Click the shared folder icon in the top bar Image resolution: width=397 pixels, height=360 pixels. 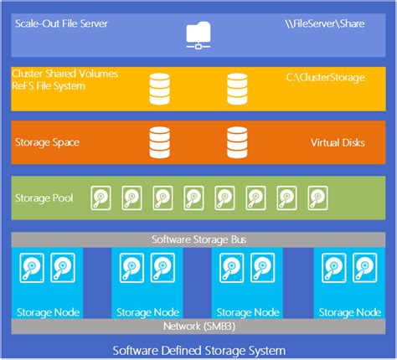198,34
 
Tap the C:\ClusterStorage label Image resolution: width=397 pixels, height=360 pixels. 326,78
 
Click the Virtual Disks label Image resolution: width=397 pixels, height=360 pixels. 337,142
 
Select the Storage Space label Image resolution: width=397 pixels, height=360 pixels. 48,142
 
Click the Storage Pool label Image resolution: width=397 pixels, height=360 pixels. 44,198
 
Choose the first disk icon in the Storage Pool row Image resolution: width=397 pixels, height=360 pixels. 101,198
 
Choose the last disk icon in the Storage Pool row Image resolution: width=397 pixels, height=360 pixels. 317,198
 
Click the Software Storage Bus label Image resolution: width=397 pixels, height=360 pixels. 198,239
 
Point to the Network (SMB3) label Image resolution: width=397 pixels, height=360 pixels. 198,326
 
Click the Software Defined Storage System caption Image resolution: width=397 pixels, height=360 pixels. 198,349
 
